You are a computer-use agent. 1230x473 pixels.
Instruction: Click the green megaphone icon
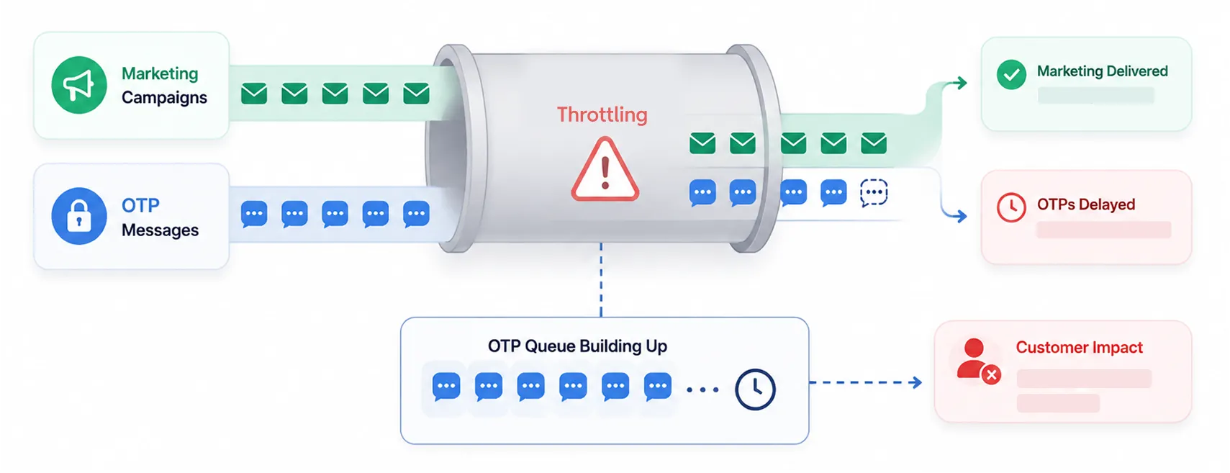point(79,85)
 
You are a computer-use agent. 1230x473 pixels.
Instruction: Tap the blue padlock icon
point(79,216)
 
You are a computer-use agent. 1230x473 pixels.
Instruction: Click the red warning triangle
point(605,170)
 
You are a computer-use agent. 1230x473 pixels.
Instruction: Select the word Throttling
point(602,114)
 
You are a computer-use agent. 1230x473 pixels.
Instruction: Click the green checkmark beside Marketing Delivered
point(1011,75)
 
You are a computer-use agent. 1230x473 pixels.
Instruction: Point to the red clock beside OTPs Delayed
point(1011,207)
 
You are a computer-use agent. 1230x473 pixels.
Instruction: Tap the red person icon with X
point(977,361)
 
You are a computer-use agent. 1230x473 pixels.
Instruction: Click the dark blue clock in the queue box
point(756,389)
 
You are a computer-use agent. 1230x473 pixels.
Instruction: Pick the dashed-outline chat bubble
point(874,193)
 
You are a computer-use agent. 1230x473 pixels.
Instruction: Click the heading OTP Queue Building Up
point(578,346)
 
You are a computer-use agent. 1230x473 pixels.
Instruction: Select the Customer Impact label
point(1079,347)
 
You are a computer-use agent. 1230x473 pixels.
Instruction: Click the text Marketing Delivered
point(1102,71)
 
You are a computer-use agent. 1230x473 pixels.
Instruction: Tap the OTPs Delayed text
point(1085,204)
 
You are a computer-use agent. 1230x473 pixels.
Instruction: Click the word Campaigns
point(164,98)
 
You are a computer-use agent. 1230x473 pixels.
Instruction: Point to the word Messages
point(160,230)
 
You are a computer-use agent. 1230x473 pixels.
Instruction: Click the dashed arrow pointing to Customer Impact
point(866,382)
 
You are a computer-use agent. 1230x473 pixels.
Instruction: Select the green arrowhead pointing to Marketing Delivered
point(961,83)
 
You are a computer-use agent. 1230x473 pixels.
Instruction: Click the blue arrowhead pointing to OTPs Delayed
point(961,216)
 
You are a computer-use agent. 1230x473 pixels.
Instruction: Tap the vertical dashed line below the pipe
point(601,280)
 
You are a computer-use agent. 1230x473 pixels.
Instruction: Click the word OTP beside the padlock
point(140,205)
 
